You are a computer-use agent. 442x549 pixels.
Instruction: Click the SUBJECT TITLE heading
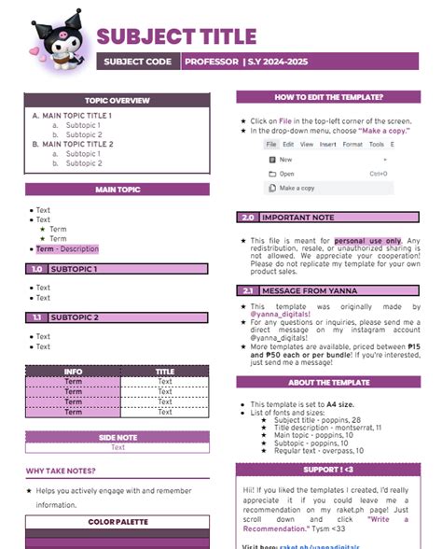click(176, 36)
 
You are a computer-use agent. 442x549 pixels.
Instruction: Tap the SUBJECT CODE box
click(138, 62)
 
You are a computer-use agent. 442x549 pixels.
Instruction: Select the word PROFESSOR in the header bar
click(212, 62)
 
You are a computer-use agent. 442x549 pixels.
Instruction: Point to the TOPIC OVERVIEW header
click(117, 100)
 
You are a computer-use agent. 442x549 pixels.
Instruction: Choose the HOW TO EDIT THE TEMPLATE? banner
click(328, 96)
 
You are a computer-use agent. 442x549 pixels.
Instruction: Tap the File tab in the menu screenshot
click(270, 145)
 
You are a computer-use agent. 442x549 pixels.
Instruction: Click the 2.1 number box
click(248, 290)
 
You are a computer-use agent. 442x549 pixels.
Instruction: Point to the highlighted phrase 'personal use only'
click(367, 240)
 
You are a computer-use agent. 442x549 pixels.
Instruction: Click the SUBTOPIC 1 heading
click(74, 269)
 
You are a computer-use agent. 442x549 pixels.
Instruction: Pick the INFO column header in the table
click(73, 372)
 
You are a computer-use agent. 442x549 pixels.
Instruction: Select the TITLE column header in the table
click(165, 372)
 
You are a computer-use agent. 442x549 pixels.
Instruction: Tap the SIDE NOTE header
click(117, 436)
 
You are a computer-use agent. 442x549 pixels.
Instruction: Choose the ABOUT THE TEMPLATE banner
click(328, 382)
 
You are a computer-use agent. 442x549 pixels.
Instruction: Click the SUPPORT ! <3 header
click(328, 443)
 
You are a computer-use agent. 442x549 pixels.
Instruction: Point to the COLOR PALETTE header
click(117, 521)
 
